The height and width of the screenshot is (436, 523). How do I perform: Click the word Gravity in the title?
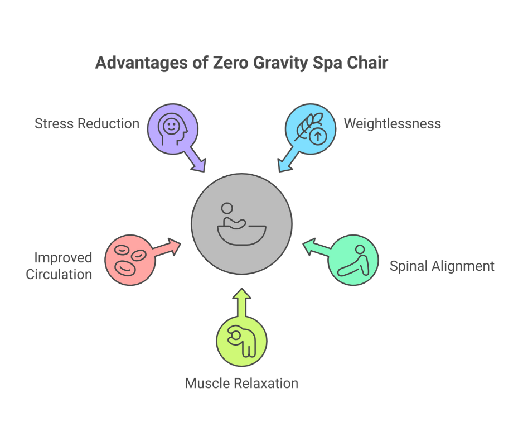280,63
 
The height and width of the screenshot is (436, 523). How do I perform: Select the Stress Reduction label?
87,123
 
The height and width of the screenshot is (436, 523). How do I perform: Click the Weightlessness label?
393,123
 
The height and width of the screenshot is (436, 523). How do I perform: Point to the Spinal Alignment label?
442,266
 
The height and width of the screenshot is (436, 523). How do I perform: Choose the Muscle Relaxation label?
241,384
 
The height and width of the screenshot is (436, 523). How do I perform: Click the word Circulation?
59,275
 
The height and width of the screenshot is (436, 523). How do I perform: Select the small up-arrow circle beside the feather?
318,136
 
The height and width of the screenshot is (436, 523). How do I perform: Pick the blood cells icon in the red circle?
130,260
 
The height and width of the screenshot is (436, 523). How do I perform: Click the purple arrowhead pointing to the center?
199,165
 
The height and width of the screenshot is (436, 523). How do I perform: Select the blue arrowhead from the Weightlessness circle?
284,165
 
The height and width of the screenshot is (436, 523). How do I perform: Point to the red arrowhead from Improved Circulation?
174,246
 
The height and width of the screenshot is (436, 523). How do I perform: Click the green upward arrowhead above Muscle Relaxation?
242,294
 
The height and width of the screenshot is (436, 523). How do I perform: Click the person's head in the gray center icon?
227,208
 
